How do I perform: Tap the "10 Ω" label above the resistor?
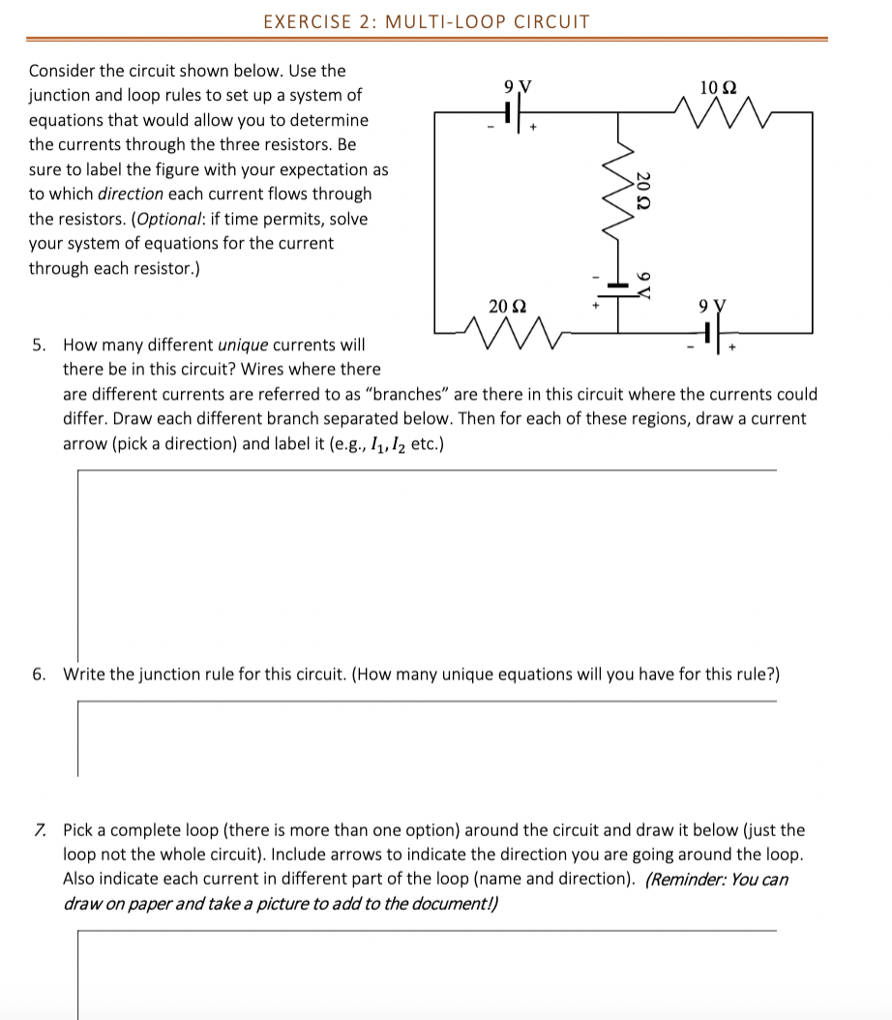(x=717, y=88)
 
